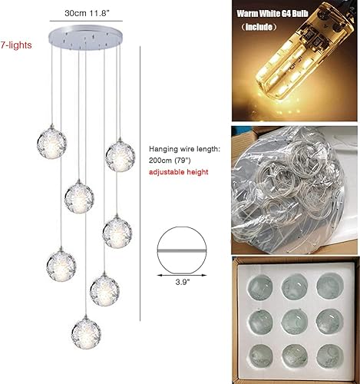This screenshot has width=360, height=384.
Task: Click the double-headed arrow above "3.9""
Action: coord(183,273)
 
